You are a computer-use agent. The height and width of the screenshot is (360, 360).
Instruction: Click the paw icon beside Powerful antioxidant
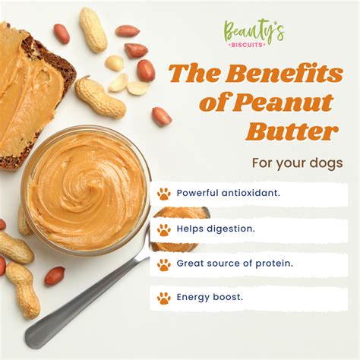(x=163, y=194)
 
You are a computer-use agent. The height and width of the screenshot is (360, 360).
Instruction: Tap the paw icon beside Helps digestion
(x=163, y=229)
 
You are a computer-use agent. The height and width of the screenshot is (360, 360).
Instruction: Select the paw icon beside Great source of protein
(x=163, y=264)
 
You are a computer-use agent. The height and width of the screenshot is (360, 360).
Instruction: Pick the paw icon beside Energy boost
(x=163, y=298)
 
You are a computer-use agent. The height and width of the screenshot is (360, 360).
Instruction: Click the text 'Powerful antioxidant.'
(x=228, y=194)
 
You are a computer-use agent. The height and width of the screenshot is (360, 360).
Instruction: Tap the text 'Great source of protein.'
(x=233, y=264)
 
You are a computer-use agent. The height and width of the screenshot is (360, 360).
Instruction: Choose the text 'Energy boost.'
(x=210, y=298)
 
